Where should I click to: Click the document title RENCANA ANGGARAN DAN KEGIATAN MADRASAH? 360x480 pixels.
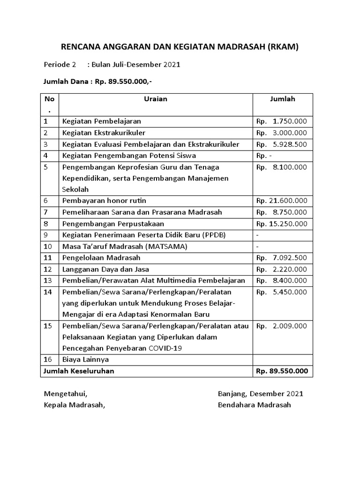point(180,46)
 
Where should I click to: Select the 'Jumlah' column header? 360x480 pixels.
point(283,99)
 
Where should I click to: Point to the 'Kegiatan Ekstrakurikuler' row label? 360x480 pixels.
point(104,133)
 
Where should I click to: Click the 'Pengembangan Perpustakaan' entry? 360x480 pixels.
point(113,224)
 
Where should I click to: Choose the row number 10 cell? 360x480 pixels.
point(48,246)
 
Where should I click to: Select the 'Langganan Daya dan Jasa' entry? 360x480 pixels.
point(106,269)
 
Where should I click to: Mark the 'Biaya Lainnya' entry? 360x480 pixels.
point(85,360)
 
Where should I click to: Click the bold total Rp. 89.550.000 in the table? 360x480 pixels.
point(282,371)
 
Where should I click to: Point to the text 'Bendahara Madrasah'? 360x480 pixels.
point(255,405)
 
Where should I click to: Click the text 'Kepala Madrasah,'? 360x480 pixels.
point(75,405)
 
